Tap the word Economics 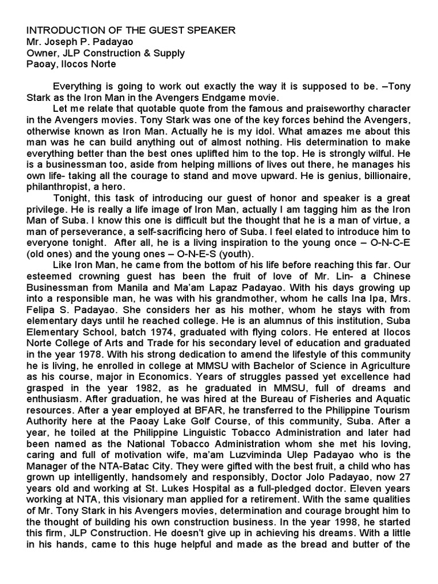(153, 377)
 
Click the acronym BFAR (195, 411)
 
